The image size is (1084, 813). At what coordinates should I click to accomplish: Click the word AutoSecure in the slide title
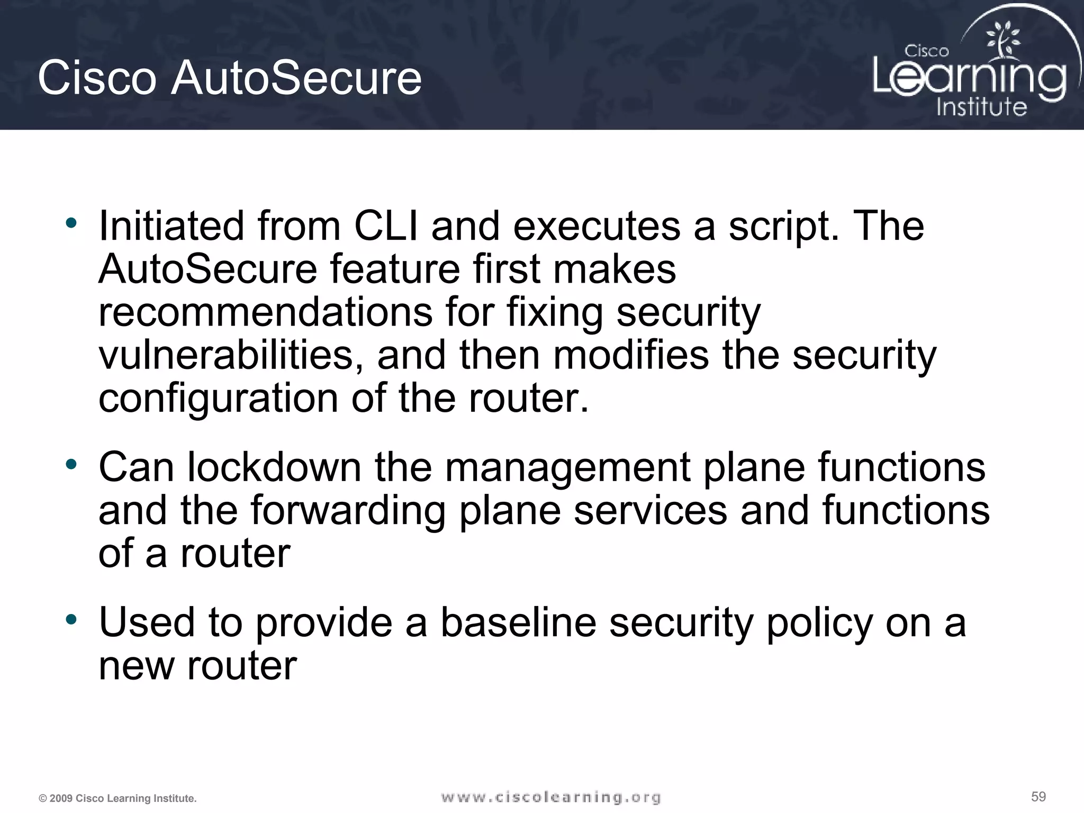tap(296, 78)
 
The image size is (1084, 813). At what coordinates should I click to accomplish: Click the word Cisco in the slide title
tap(97, 78)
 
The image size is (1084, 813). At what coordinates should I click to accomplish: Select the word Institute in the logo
tap(981, 107)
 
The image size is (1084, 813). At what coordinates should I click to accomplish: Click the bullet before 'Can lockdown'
tap(71, 465)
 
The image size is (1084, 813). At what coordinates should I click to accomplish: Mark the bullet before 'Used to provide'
tap(71, 619)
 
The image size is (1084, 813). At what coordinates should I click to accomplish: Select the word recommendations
tap(265, 312)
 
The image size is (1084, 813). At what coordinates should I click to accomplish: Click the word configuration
tap(218, 400)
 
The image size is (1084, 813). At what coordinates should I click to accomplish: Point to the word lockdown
tap(274, 467)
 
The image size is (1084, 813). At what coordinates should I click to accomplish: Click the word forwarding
tap(348, 512)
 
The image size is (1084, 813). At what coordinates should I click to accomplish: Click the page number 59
tap(1038, 797)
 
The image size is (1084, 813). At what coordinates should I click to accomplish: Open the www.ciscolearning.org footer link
tap(551, 797)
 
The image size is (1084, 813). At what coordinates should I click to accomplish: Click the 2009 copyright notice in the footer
tap(118, 798)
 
